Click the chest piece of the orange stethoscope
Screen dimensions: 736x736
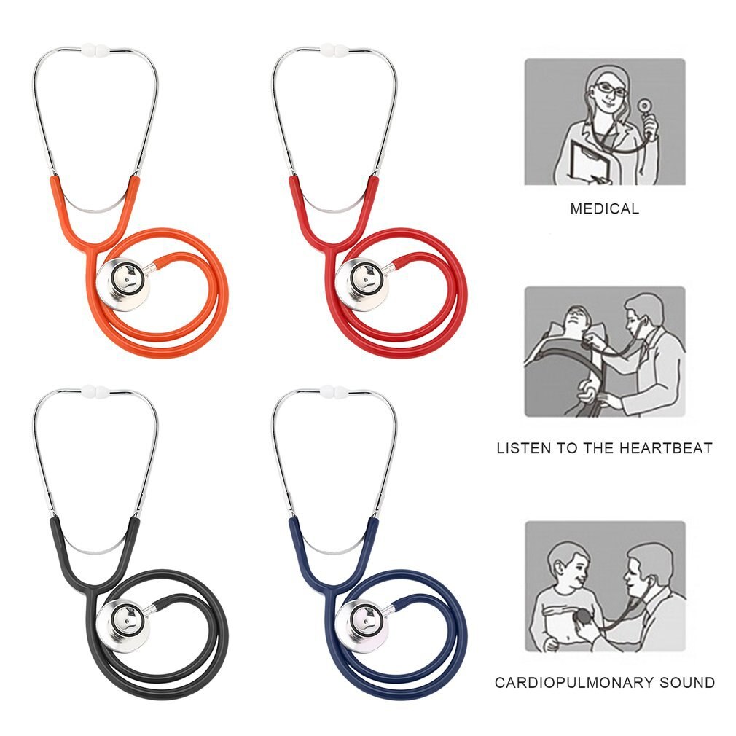point(123,284)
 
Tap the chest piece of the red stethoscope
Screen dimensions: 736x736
point(362,284)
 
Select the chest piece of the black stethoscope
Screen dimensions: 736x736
point(123,626)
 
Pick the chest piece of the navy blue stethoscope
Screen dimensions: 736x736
point(362,626)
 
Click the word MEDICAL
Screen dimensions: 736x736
point(605,208)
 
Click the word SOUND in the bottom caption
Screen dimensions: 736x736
point(687,682)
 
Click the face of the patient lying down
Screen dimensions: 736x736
point(576,318)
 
